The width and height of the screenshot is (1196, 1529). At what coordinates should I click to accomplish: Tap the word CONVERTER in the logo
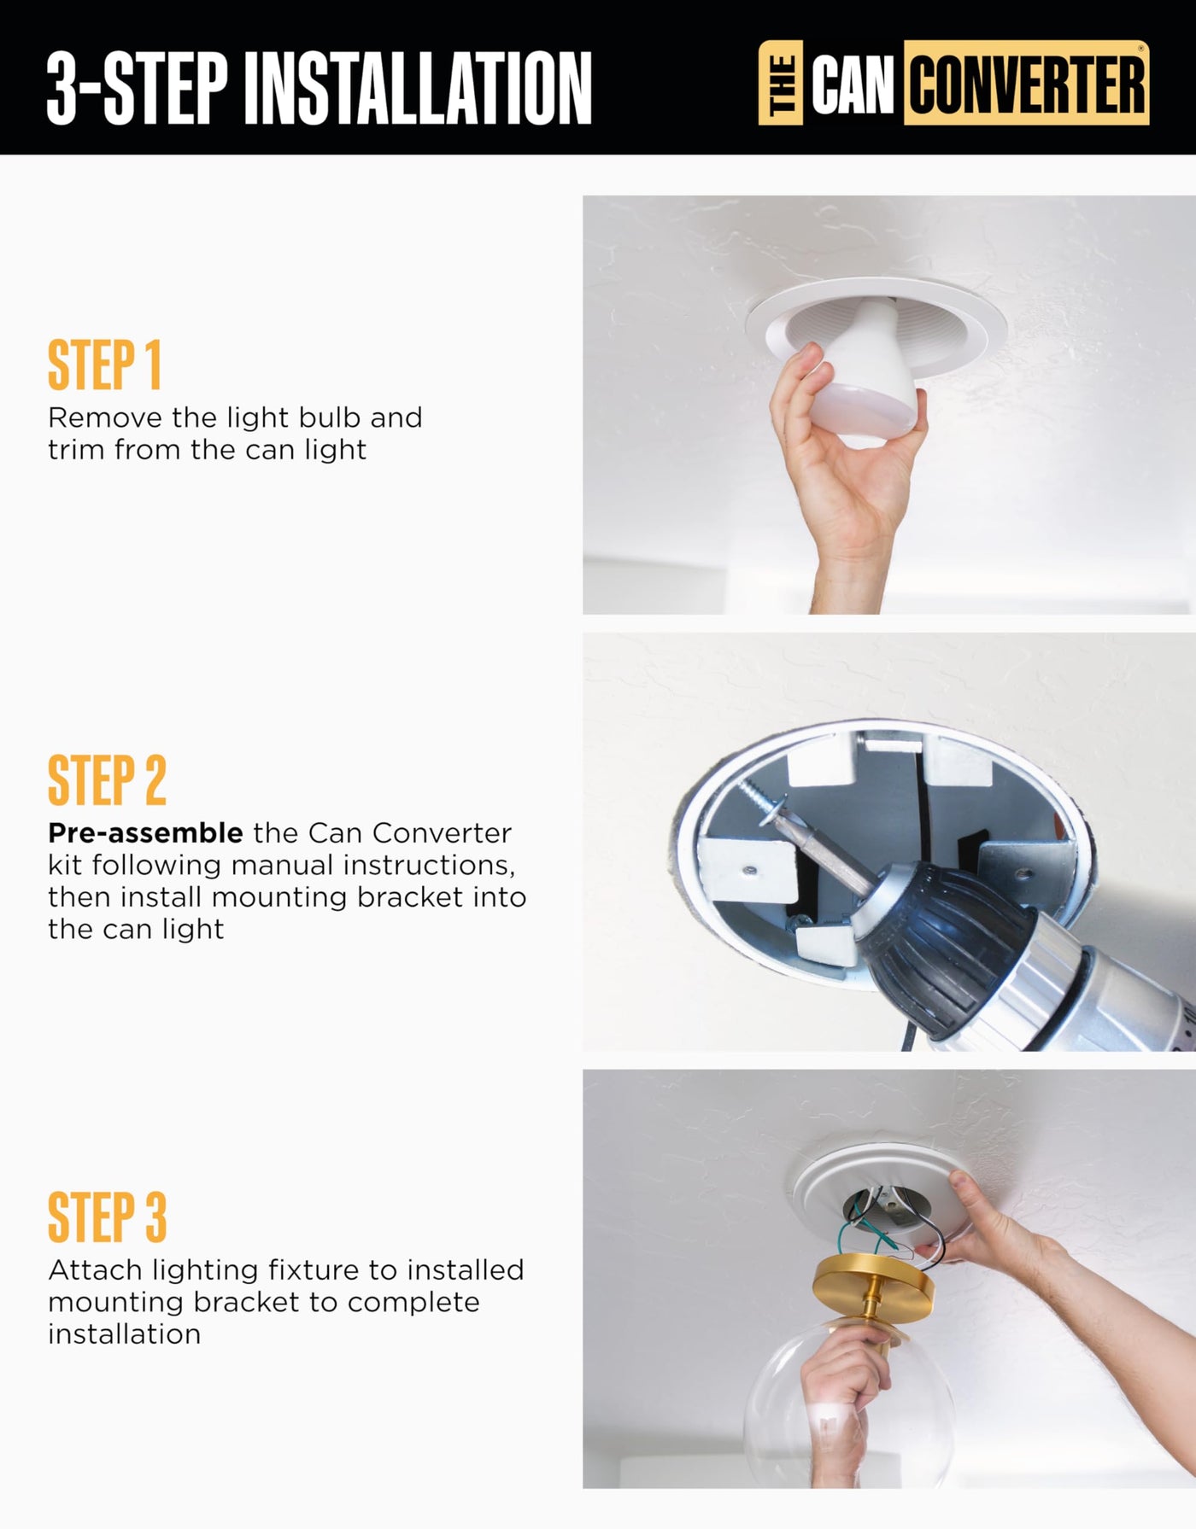[1027, 84]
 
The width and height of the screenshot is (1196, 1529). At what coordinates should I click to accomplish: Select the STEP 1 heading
[104, 365]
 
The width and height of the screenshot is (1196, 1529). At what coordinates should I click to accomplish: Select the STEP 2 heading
[107, 779]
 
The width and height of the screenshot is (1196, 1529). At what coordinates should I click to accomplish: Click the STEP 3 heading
[107, 1217]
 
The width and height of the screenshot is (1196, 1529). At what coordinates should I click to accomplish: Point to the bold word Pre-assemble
[145, 833]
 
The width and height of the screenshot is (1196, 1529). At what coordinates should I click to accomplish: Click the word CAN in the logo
[853, 85]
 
